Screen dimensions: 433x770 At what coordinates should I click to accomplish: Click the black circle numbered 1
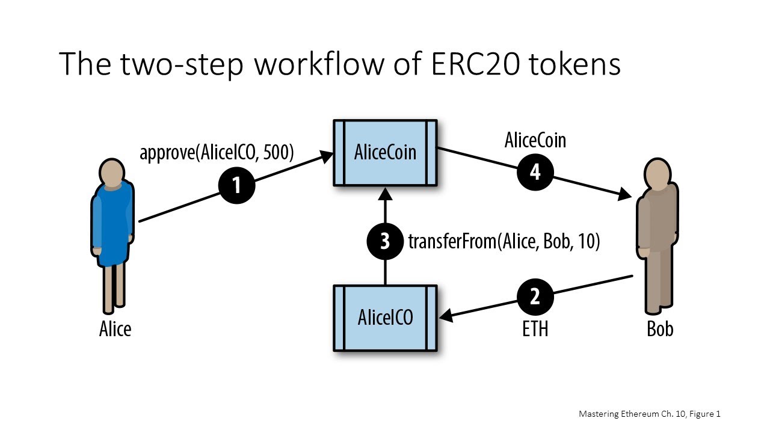point(236,185)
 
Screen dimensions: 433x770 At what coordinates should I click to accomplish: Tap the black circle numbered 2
point(535,295)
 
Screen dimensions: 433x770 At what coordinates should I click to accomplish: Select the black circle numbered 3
point(385,241)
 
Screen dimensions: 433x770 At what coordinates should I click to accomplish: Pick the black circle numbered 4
point(535,172)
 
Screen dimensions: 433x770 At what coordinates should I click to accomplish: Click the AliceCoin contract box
point(385,152)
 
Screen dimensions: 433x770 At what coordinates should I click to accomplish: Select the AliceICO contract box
point(385,318)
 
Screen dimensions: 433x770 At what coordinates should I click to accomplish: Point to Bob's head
point(657,173)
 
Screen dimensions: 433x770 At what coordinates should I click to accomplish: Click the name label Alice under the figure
point(115,329)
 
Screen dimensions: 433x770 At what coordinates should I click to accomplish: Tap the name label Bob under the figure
point(660,329)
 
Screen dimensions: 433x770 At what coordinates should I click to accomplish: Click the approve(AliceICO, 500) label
point(217,153)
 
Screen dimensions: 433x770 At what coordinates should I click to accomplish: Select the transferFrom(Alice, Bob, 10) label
point(504,242)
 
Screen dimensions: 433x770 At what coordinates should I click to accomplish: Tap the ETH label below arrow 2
point(535,328)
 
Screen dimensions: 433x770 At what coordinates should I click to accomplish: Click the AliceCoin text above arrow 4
point(535,140)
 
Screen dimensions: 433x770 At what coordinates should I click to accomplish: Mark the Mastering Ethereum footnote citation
point(649,414)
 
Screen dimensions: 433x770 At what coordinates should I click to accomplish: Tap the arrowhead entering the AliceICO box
point(447,315)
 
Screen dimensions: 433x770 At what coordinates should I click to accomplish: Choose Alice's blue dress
point(112,226)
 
